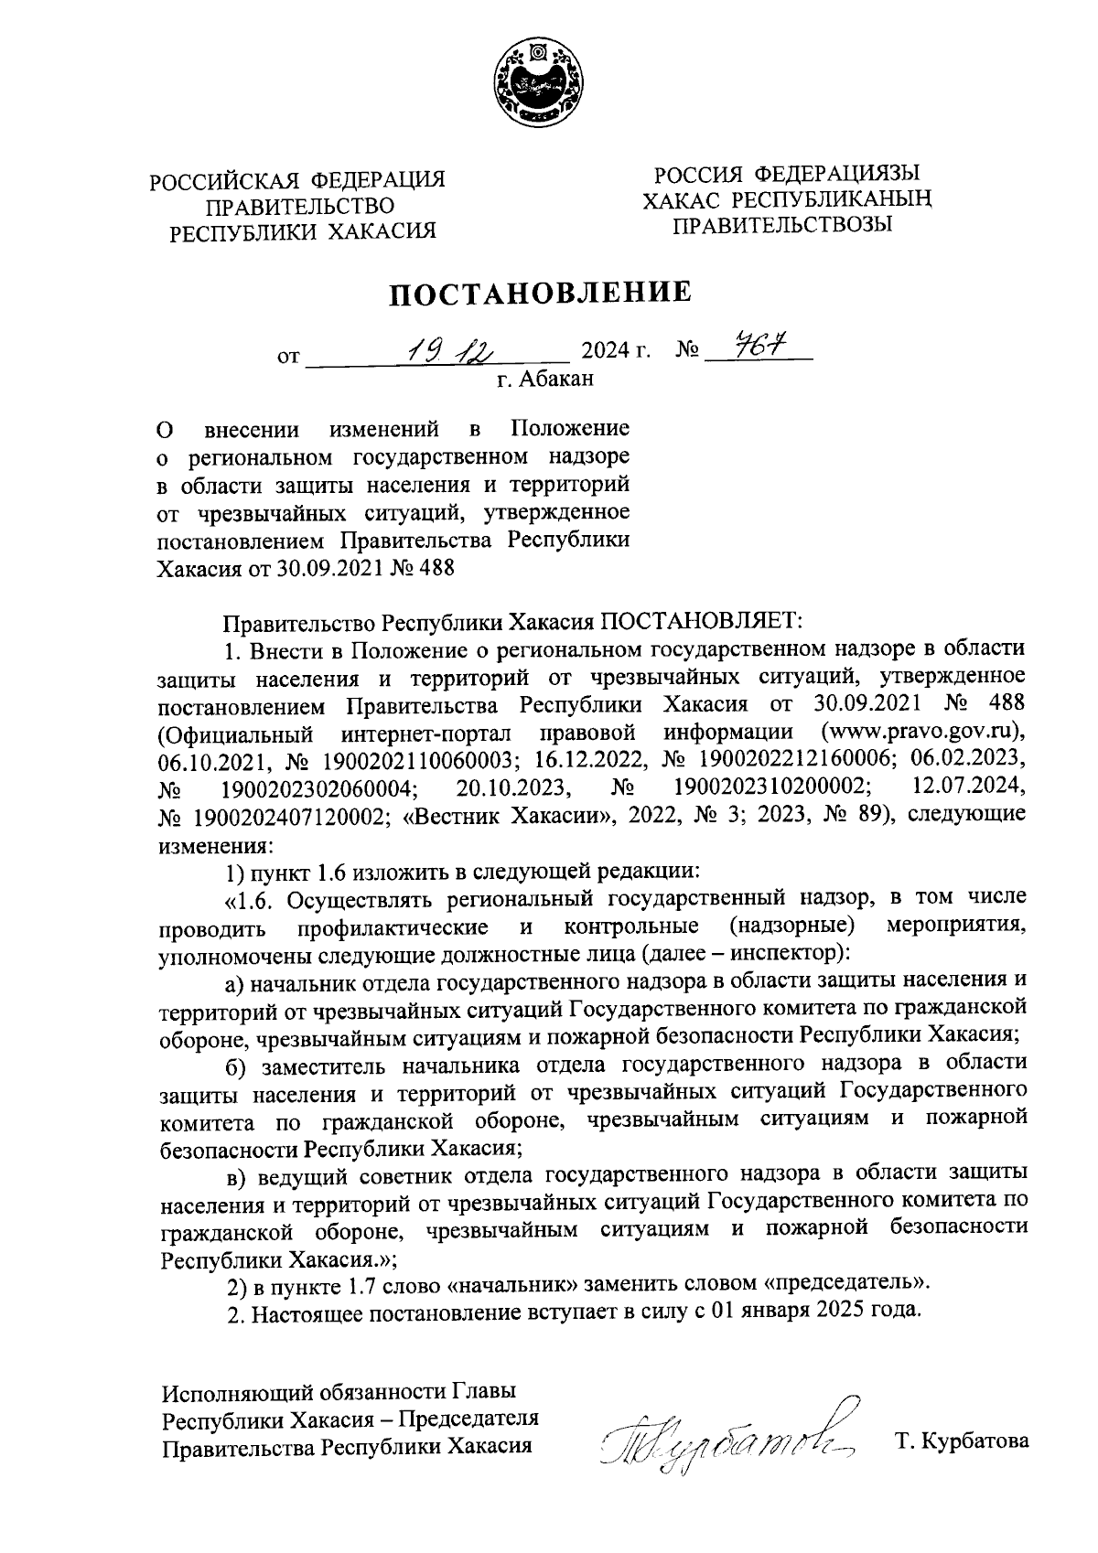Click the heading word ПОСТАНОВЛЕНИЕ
coord(541,294)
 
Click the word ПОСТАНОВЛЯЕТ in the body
coord(700,623)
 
